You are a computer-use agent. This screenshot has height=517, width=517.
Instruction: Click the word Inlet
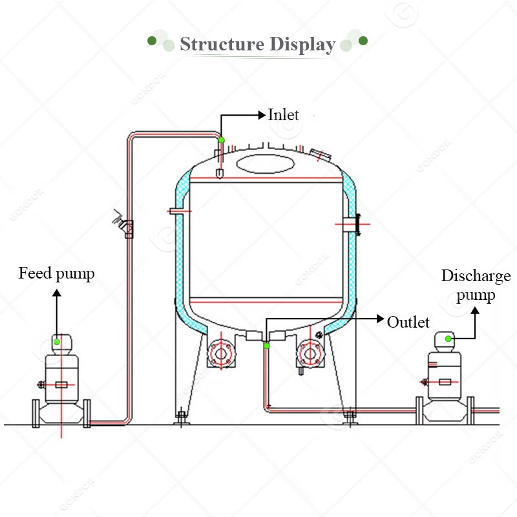tap(284, 115)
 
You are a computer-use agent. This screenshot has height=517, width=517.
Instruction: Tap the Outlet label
tap(408, 322)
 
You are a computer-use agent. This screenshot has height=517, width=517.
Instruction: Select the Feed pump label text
tap(56, 273)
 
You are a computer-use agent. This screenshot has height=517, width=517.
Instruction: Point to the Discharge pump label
tap(476, 286)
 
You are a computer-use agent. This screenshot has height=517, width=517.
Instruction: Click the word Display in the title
tap(302, 45)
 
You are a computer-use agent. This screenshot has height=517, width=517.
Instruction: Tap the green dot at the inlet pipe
tap(221, 140)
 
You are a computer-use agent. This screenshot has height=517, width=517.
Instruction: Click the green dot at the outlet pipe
tap(266, 346)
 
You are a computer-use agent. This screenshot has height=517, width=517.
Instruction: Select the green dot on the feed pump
tap(57, 342)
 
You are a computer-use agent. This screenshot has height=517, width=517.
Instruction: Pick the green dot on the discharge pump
tap(448, 339)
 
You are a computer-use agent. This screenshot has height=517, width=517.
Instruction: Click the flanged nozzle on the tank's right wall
tap(353, 224)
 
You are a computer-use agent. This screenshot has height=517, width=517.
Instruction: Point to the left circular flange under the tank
tap(221, 353)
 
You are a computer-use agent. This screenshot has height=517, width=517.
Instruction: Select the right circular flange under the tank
tap(310, 353)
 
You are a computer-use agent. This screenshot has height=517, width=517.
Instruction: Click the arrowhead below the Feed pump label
tap(57, 293)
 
